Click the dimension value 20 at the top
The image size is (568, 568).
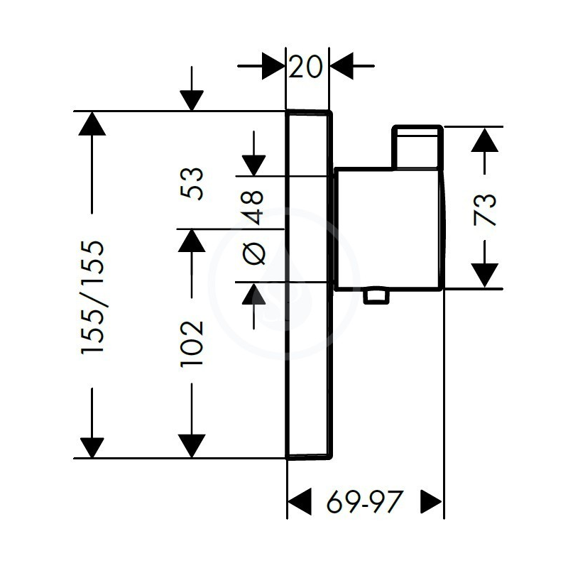coord(305,66)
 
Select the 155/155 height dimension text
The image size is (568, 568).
coord(92,297)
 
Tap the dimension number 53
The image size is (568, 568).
coord(192,183)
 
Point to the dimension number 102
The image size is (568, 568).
coord(192,344)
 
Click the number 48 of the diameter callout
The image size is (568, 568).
coord(253,207)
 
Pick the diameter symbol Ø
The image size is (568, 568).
coord(254,253)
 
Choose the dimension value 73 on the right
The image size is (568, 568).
coord(485,209)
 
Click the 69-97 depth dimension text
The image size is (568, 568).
coord(365,502)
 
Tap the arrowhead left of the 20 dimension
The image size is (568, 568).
coord(273,66)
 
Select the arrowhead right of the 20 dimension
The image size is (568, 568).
coord(342,66)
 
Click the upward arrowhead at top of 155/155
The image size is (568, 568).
coord(92,124)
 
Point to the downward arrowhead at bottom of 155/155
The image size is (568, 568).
coord(92,448)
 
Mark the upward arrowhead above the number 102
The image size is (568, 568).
coord(192,240)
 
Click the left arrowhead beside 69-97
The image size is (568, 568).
coord(299,501)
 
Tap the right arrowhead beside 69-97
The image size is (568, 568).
coord(432,501)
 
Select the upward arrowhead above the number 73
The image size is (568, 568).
coord(485,139)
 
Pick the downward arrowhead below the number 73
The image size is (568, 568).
coord(485,275)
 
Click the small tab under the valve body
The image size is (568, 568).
coord(376,296)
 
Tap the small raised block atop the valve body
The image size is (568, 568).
coord(418,147)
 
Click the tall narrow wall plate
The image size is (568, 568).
coord(309,285)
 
